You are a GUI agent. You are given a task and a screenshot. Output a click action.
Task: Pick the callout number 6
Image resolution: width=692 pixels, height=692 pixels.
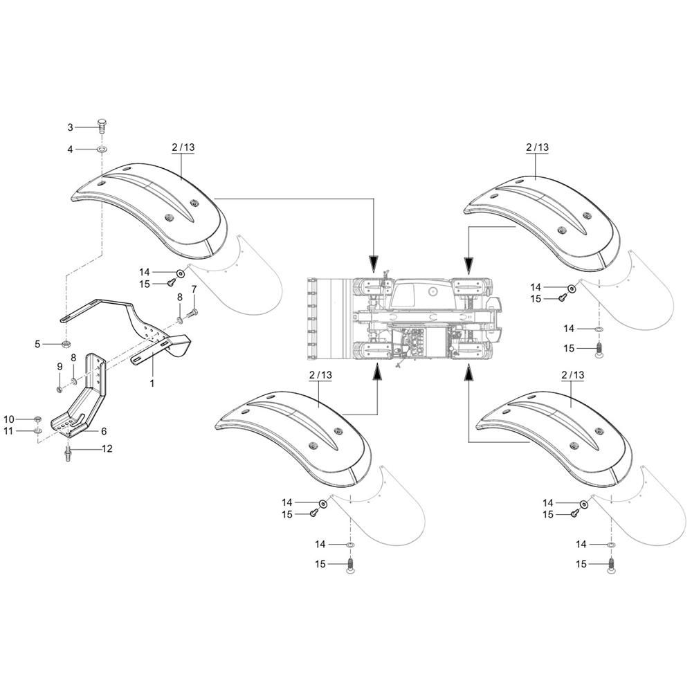104,430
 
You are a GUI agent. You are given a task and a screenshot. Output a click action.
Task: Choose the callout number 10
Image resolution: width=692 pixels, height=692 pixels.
9,419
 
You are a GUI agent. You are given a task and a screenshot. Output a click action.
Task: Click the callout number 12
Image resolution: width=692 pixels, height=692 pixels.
107,448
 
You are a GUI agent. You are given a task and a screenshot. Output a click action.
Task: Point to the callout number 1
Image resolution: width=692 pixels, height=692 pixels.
152,382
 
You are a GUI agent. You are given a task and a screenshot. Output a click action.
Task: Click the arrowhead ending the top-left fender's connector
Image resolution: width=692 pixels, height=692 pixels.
374,264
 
